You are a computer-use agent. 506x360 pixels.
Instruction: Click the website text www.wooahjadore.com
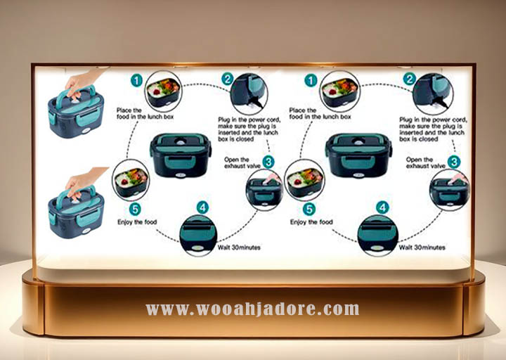[x=252, y=309]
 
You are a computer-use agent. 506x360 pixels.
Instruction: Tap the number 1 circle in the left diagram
[x=136, y=81]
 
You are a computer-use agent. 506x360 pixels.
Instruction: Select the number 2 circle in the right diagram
[x=409, y=79]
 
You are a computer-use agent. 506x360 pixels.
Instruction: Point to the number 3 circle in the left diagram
[x=268, y=162]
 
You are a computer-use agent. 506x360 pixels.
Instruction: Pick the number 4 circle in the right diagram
[x=382, y=207]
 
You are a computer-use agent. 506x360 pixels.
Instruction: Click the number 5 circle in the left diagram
[x=136, y=209]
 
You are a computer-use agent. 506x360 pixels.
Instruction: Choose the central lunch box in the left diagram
[x=180, y=154]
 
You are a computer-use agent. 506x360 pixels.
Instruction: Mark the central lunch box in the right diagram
[x=358, y=154]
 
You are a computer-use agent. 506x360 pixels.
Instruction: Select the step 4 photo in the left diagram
[x=198, y=235]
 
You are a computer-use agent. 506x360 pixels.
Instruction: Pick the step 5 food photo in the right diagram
[x=304, y=179]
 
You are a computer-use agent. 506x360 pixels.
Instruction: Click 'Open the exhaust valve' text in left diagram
[x=241, y=163]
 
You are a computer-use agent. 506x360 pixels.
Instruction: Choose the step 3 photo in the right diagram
[x=448, y=188]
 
